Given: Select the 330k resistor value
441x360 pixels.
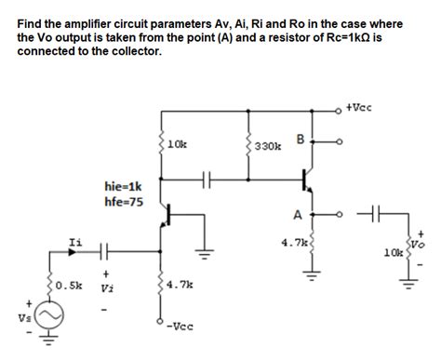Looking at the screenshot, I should click(x=269, y=146).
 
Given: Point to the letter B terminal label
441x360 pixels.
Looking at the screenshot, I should click(x=300, y=140).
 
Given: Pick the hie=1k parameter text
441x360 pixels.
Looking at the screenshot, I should click(x=123, y=186).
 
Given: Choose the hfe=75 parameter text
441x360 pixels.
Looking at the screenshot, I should click(x=123, y=200).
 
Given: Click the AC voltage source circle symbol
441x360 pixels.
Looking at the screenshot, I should click(x=51, y=317).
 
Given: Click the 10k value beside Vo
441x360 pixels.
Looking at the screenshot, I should click(x=393, y=252).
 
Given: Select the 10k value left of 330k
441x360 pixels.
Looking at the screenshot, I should click(x=178, y=145).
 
